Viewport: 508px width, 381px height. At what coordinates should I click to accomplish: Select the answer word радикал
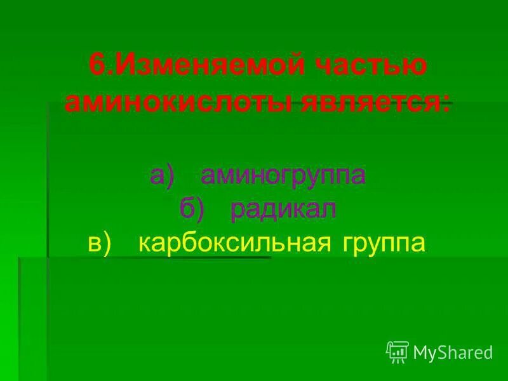tap(283, 209)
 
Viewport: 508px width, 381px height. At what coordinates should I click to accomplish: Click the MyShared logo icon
tap(398, 351)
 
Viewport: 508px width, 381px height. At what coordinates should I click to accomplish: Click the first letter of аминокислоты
tap(72, 102)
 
